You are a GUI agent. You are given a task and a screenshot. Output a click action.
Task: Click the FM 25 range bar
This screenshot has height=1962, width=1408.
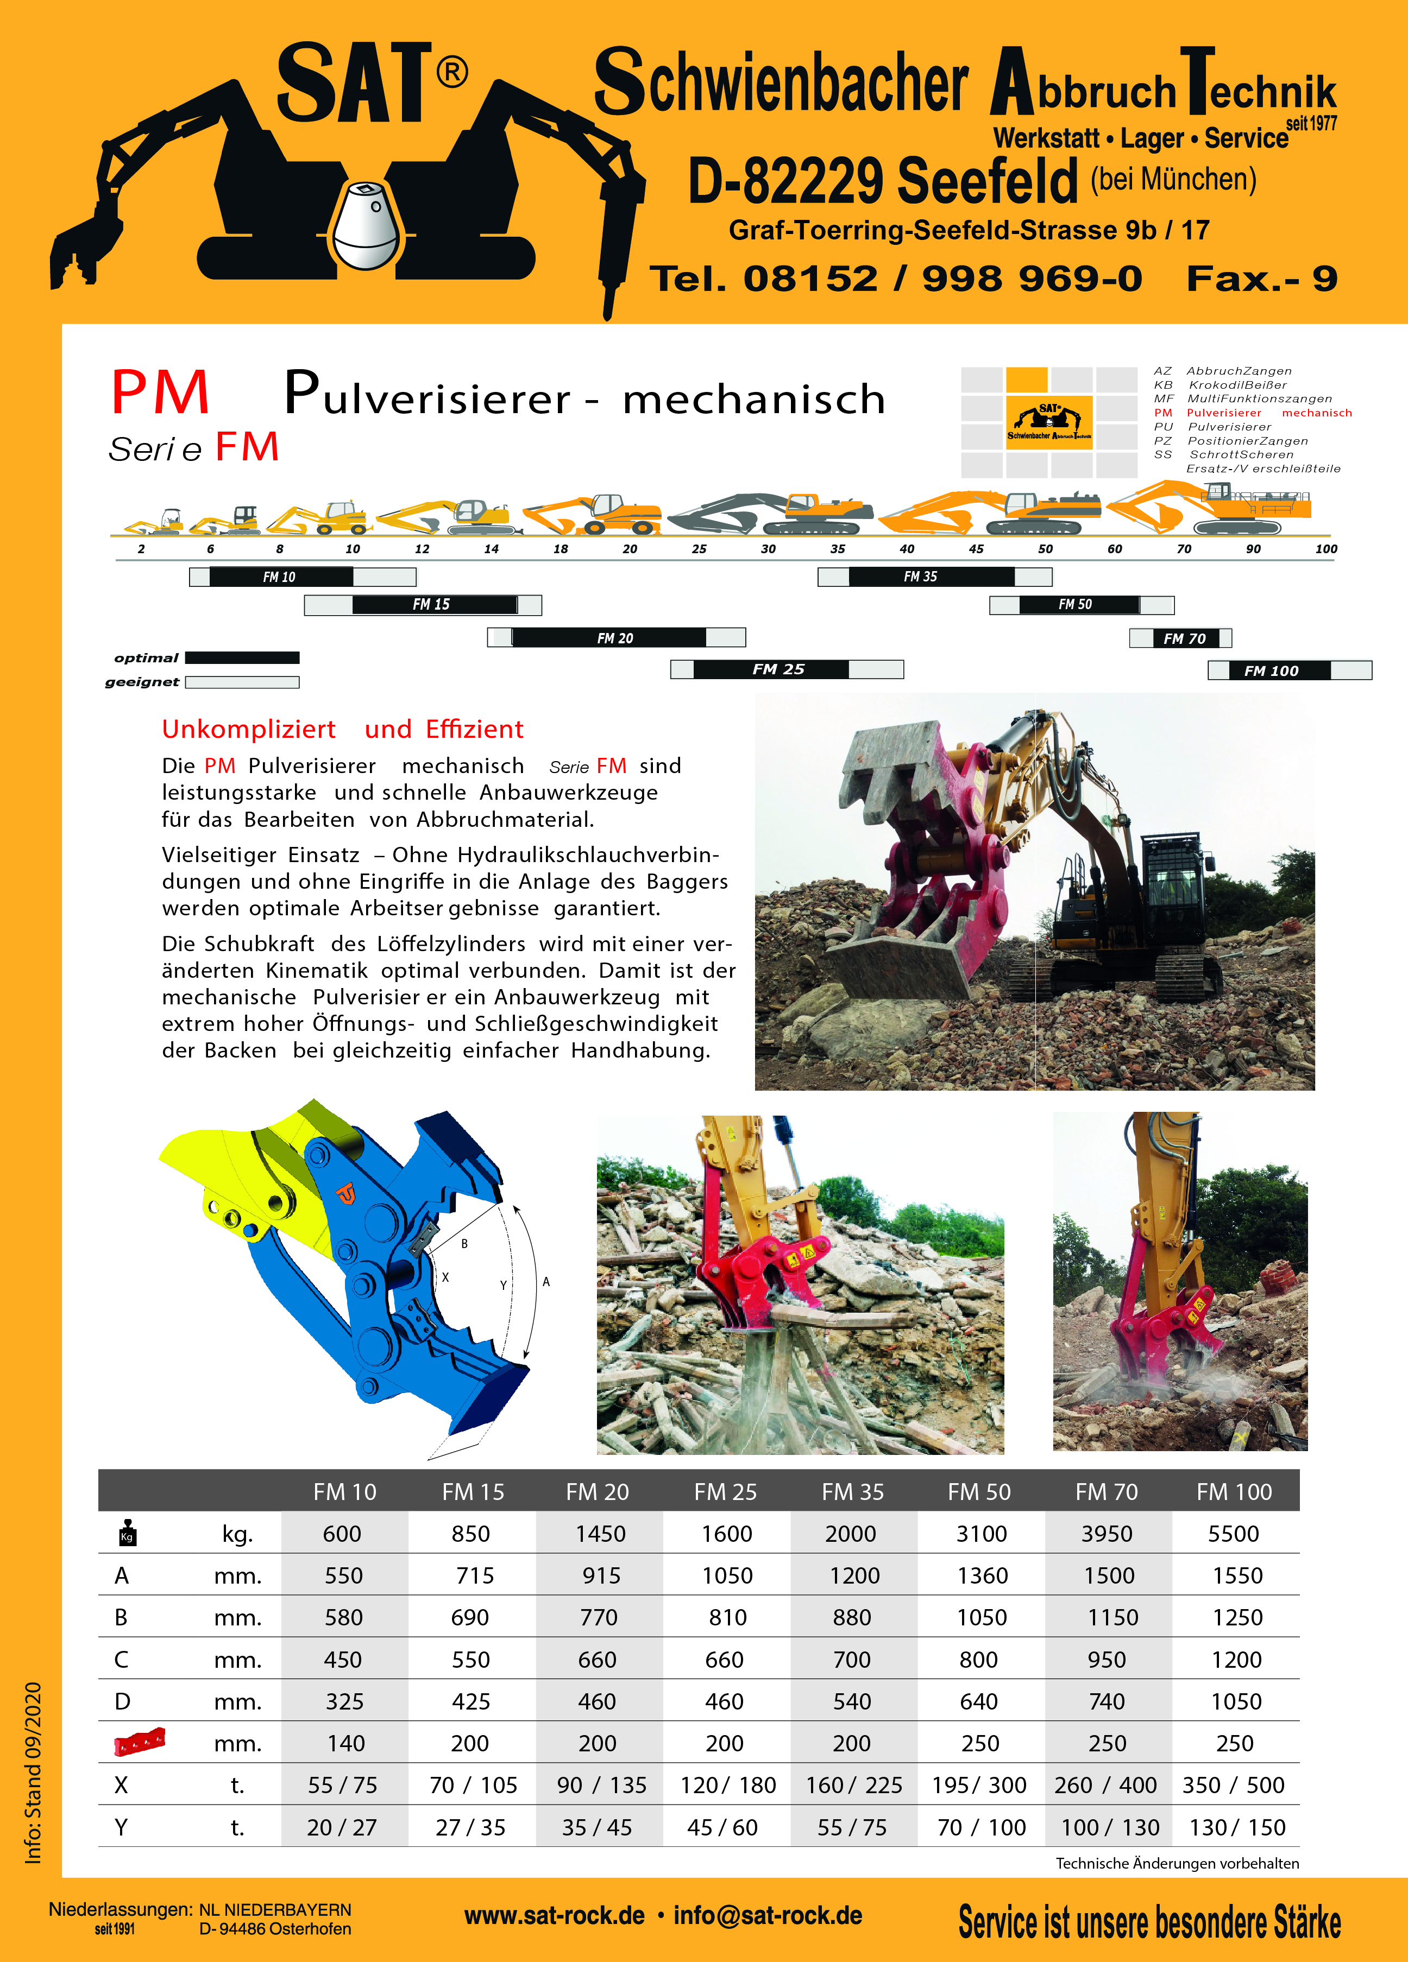787,669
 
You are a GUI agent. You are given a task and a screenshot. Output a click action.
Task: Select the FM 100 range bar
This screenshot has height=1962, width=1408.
1290,670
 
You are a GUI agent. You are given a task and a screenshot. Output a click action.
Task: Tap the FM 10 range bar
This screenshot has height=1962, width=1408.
302,577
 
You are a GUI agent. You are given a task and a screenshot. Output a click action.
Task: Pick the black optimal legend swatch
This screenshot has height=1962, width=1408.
242,657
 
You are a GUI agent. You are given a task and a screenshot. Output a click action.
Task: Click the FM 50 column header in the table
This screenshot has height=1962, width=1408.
979,1492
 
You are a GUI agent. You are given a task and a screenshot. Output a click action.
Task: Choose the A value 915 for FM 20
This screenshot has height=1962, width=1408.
601,1576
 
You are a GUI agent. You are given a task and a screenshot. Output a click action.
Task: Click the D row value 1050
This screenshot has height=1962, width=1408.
1236,1701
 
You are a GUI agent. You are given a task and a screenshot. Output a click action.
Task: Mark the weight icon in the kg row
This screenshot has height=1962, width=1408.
127,1533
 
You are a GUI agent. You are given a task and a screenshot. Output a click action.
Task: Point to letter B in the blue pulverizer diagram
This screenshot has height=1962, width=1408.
465,1244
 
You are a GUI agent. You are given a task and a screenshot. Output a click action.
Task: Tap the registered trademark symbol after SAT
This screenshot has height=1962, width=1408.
452,73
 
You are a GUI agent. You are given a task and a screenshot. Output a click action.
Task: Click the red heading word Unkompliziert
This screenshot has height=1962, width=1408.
248,729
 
